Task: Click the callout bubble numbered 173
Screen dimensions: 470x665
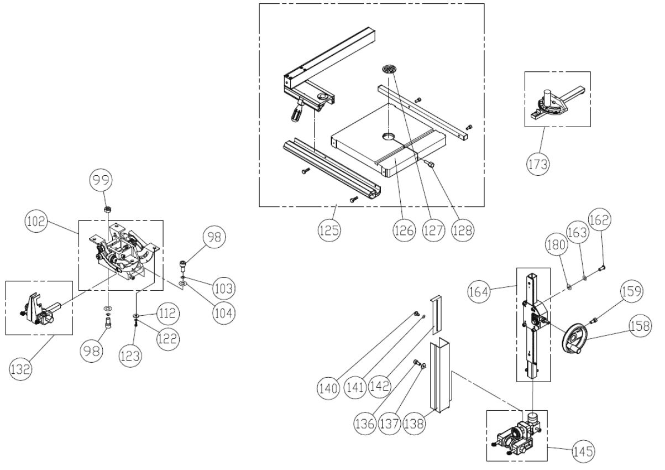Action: coord(537,164)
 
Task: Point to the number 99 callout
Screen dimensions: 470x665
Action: coord(103,180)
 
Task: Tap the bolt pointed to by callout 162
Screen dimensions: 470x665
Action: coord(602,268)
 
